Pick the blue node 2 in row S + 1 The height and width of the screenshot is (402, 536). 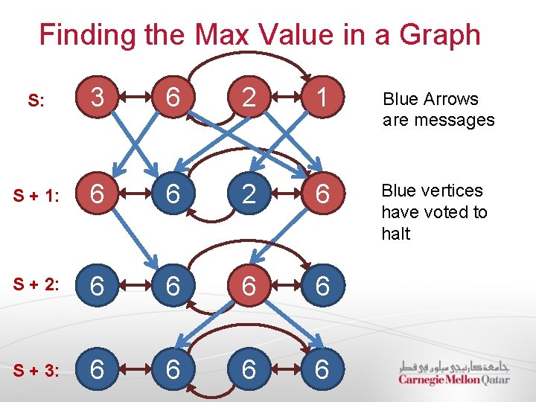coord(248,195)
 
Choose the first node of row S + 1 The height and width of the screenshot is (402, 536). coord(96,195)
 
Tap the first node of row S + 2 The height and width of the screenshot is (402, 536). coord(96,285)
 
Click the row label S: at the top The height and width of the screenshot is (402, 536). coord(36,100)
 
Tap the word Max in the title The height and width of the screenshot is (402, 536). coord(223,35)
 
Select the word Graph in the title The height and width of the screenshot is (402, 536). coord(439,35)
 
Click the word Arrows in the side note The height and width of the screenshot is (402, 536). coord(451,99)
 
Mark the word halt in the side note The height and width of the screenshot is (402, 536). coord(395,234)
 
